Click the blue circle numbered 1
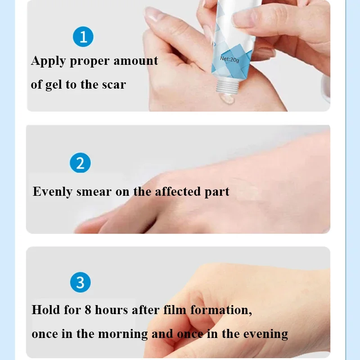point(83,37)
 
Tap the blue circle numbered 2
point(80,163)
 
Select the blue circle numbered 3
point(81,282)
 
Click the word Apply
point(49,62)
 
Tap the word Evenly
point(53,192)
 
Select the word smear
point(94,192)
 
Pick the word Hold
point(46,310)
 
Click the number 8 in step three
point(88,310)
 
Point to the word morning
point(123,334)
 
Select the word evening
point(265,334)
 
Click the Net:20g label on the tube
point(229,59)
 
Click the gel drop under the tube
point(227,98)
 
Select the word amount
point(136,61)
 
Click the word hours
point(111,310)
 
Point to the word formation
point(221,310)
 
